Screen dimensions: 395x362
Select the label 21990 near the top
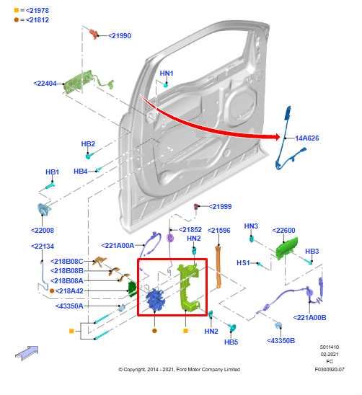coord(119,35)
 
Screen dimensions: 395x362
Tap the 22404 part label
coord(45,83)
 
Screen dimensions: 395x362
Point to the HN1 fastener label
coord(167,73)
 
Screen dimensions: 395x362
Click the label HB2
coord(88,144)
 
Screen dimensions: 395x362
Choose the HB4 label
coord(80,171)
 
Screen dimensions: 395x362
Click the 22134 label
coord(43,246)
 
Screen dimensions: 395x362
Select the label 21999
coord(221,206)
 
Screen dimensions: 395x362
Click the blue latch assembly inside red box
coord(155,299)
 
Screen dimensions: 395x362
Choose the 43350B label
coord(281,340)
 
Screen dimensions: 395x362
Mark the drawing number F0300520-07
coord(330,369)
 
